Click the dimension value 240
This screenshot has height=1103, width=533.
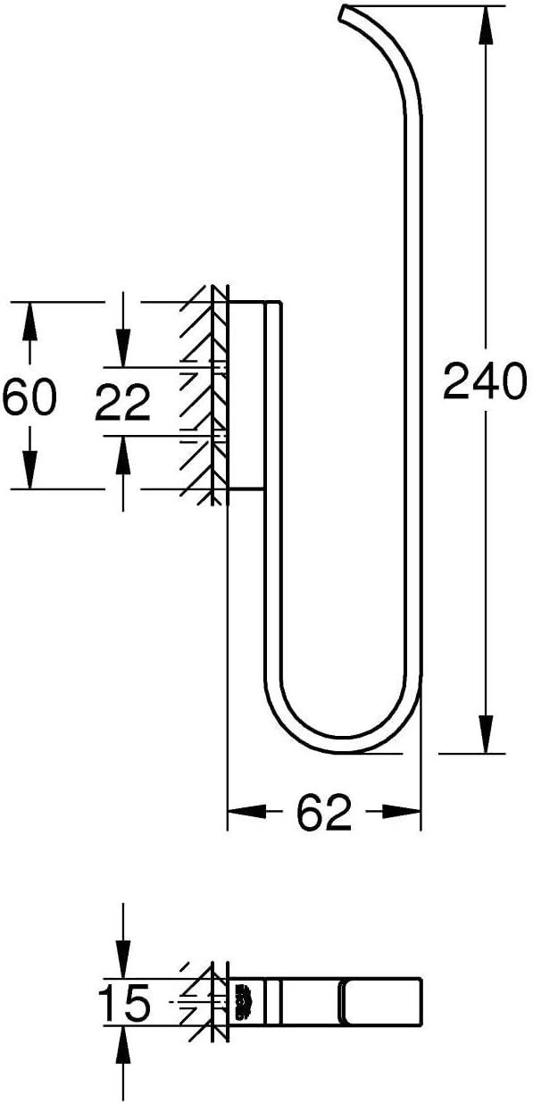tap(484, 381)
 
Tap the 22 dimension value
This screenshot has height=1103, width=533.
tap(122, 403)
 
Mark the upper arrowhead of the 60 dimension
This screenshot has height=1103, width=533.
tap(30, 321)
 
